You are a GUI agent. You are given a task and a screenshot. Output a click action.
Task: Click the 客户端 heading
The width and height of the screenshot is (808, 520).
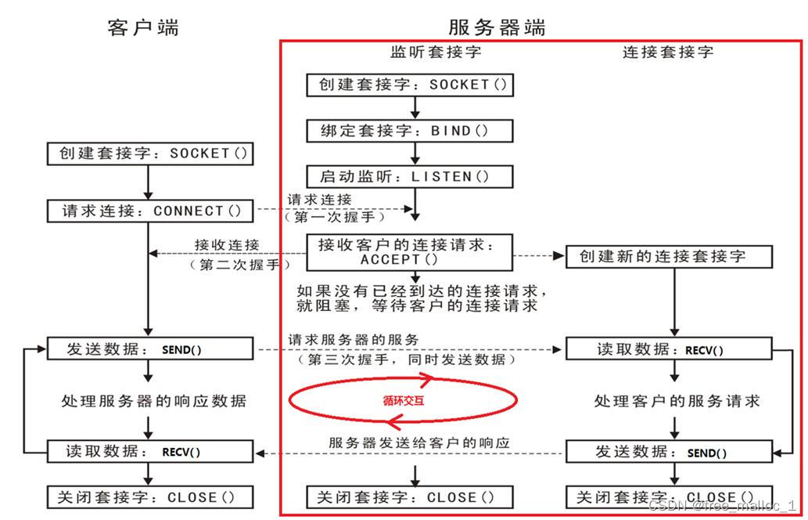coord(143,28)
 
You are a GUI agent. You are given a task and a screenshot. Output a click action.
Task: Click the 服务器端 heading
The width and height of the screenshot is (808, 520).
coord(497,27)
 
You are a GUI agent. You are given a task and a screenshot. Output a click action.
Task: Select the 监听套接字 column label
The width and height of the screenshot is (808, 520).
coord(435,52)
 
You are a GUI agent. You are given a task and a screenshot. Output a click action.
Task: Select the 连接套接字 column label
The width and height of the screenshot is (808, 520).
coord(668,52)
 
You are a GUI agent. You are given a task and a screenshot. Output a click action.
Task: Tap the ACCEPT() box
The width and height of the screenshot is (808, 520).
coord(409,251)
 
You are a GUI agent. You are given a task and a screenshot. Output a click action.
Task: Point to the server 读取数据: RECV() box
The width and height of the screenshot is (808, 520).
coord(669,349)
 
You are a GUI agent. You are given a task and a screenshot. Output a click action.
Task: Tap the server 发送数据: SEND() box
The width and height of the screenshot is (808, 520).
coord(669,451)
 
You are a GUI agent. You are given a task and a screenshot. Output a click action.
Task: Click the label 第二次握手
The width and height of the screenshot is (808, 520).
coord(235,265)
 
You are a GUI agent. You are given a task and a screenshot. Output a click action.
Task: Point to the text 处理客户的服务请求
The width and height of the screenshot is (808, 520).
coord(677,401)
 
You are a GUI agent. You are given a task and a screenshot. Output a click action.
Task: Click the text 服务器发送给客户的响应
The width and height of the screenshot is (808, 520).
coord(419,442)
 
